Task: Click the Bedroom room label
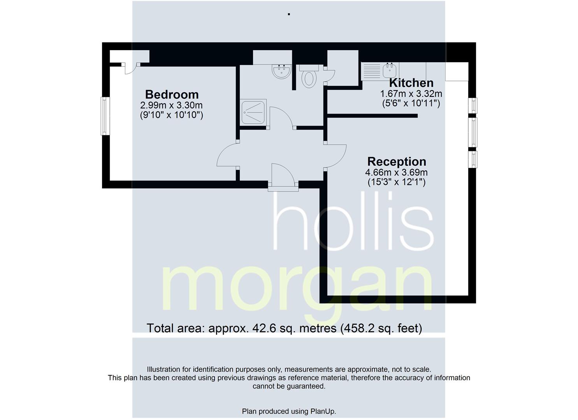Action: (x=172, y=94)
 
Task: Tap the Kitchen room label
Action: (x=411, y=83)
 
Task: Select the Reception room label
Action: (x=397, y=162)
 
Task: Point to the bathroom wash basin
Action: (x=281, y=72)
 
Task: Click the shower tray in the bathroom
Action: (x=253, y=112)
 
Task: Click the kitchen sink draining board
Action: (x=372, y=71)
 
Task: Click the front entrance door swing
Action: (x=283, y=175)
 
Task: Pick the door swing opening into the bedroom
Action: (x=227, y=155)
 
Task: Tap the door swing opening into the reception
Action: (x=336, y=156)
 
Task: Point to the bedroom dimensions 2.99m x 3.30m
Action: (x=171, y=105)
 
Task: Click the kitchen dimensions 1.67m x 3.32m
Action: (x=411, y=94)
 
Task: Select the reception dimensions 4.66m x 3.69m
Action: (x=396, y=172)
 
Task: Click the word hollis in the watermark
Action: (x=353, y=221)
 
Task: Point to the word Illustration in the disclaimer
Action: (x=164, y=369)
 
